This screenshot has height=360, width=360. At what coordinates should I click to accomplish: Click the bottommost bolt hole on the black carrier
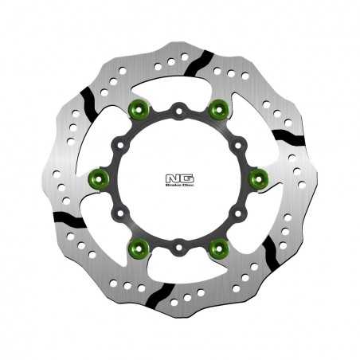180,248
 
